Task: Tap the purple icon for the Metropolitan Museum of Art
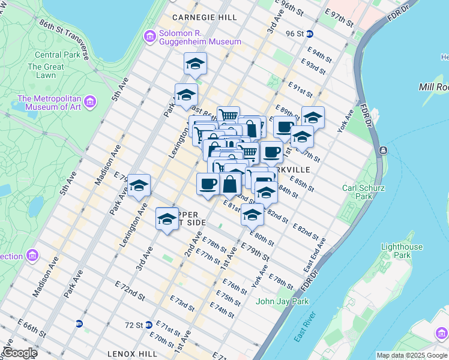point(91,102)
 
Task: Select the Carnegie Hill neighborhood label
point(204,17)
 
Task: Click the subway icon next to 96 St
point(309,34)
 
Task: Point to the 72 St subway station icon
point(148,325)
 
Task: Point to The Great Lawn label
point(46,71)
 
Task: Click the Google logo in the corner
point(20,353)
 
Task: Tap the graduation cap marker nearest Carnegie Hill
point(195,64)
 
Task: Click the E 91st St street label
point(300,90)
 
